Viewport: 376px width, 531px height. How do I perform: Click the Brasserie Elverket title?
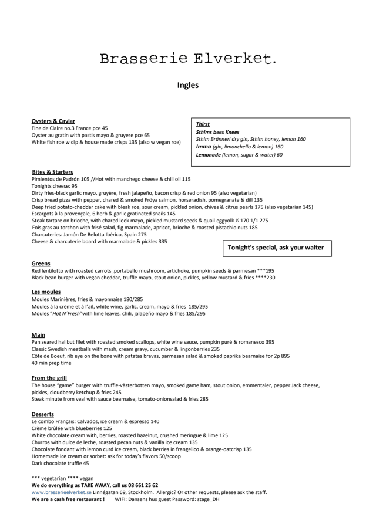187,58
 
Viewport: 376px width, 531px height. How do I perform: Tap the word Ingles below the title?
187,85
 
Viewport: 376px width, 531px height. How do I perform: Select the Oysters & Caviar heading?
53,121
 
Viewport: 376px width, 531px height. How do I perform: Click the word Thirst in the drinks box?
203,124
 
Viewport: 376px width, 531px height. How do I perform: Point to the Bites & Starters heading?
52,172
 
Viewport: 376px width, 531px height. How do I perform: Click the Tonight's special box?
276,247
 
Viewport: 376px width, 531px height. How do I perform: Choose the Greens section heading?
41,263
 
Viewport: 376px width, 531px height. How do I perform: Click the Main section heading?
38,334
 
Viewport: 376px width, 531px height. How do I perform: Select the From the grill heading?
52,377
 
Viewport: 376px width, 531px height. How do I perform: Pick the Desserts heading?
43,414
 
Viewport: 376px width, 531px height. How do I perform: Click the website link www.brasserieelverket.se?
62,492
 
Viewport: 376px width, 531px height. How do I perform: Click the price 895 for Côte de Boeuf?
285,356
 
